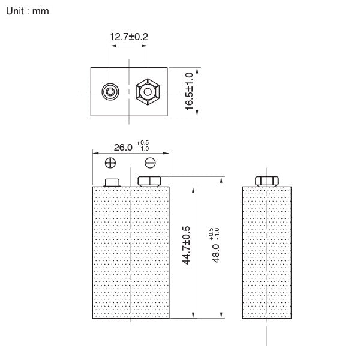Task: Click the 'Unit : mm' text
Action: pyautogui.click(x=28, y=11)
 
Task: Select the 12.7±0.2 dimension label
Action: pyautogui.click(x=128, y=37)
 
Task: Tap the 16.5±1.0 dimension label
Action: pyautogui.click(x=189, y=91)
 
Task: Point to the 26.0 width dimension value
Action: pyautogui.click(x=123, y=147)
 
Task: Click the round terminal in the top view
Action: pyautogui.click(x=110, y=92)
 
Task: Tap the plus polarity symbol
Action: pyautogui.click(x=110, y=163)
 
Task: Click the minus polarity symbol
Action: pyautogui.click(x=151, y=163)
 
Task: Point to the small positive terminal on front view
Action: pyautogui.click(x=113, y=182)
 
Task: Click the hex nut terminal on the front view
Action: pyautogui.click(x=149, y=181)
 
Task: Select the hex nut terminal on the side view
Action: pyautogui.click(x=267, y=181)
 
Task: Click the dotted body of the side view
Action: pyautogui.click(x=267, y=252)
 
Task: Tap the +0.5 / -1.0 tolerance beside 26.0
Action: pyautogui.click(x=143, y=145)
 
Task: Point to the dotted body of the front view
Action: pyautogui.click(x=131, y=252)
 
